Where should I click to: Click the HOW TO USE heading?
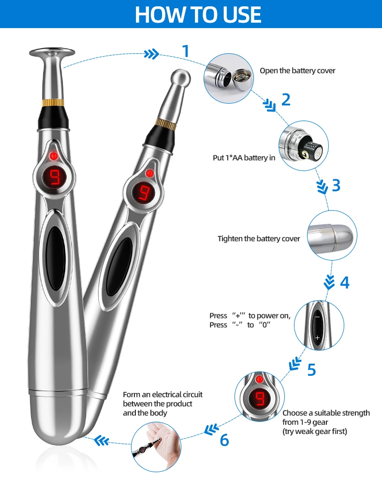[x=198, y=15]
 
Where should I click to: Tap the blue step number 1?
[x=185, y=51]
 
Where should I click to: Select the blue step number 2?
[x=286, y=100]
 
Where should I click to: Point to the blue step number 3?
[x=336, y=185]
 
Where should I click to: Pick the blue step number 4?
[x=344, y=282]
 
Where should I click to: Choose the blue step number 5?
[x=311, y=369]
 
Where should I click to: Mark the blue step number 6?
[x=224, y=440]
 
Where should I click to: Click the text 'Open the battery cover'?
[x=297, y=71]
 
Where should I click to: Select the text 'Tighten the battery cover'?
[x=259, y=239]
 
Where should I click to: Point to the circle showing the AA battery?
[x=303, y=145]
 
